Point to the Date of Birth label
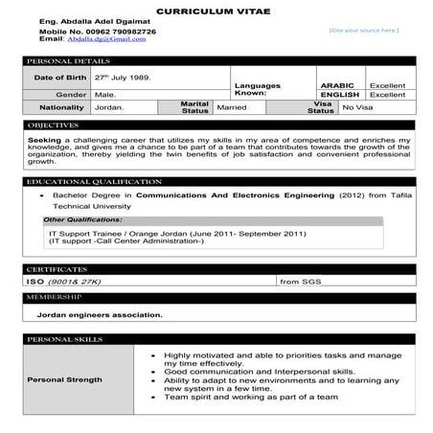click(x=60, y=77)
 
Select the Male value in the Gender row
click(x=104, y=95)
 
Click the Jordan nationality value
click(x=108, y=108)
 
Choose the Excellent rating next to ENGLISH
click(x=387, y=95)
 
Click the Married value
click(x=232, y=108)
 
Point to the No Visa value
click(x=357, y=108)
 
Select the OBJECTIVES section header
click(x=54, y=125)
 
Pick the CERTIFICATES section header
click(x=57, y=269)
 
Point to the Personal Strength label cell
click(x=65, y=379)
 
